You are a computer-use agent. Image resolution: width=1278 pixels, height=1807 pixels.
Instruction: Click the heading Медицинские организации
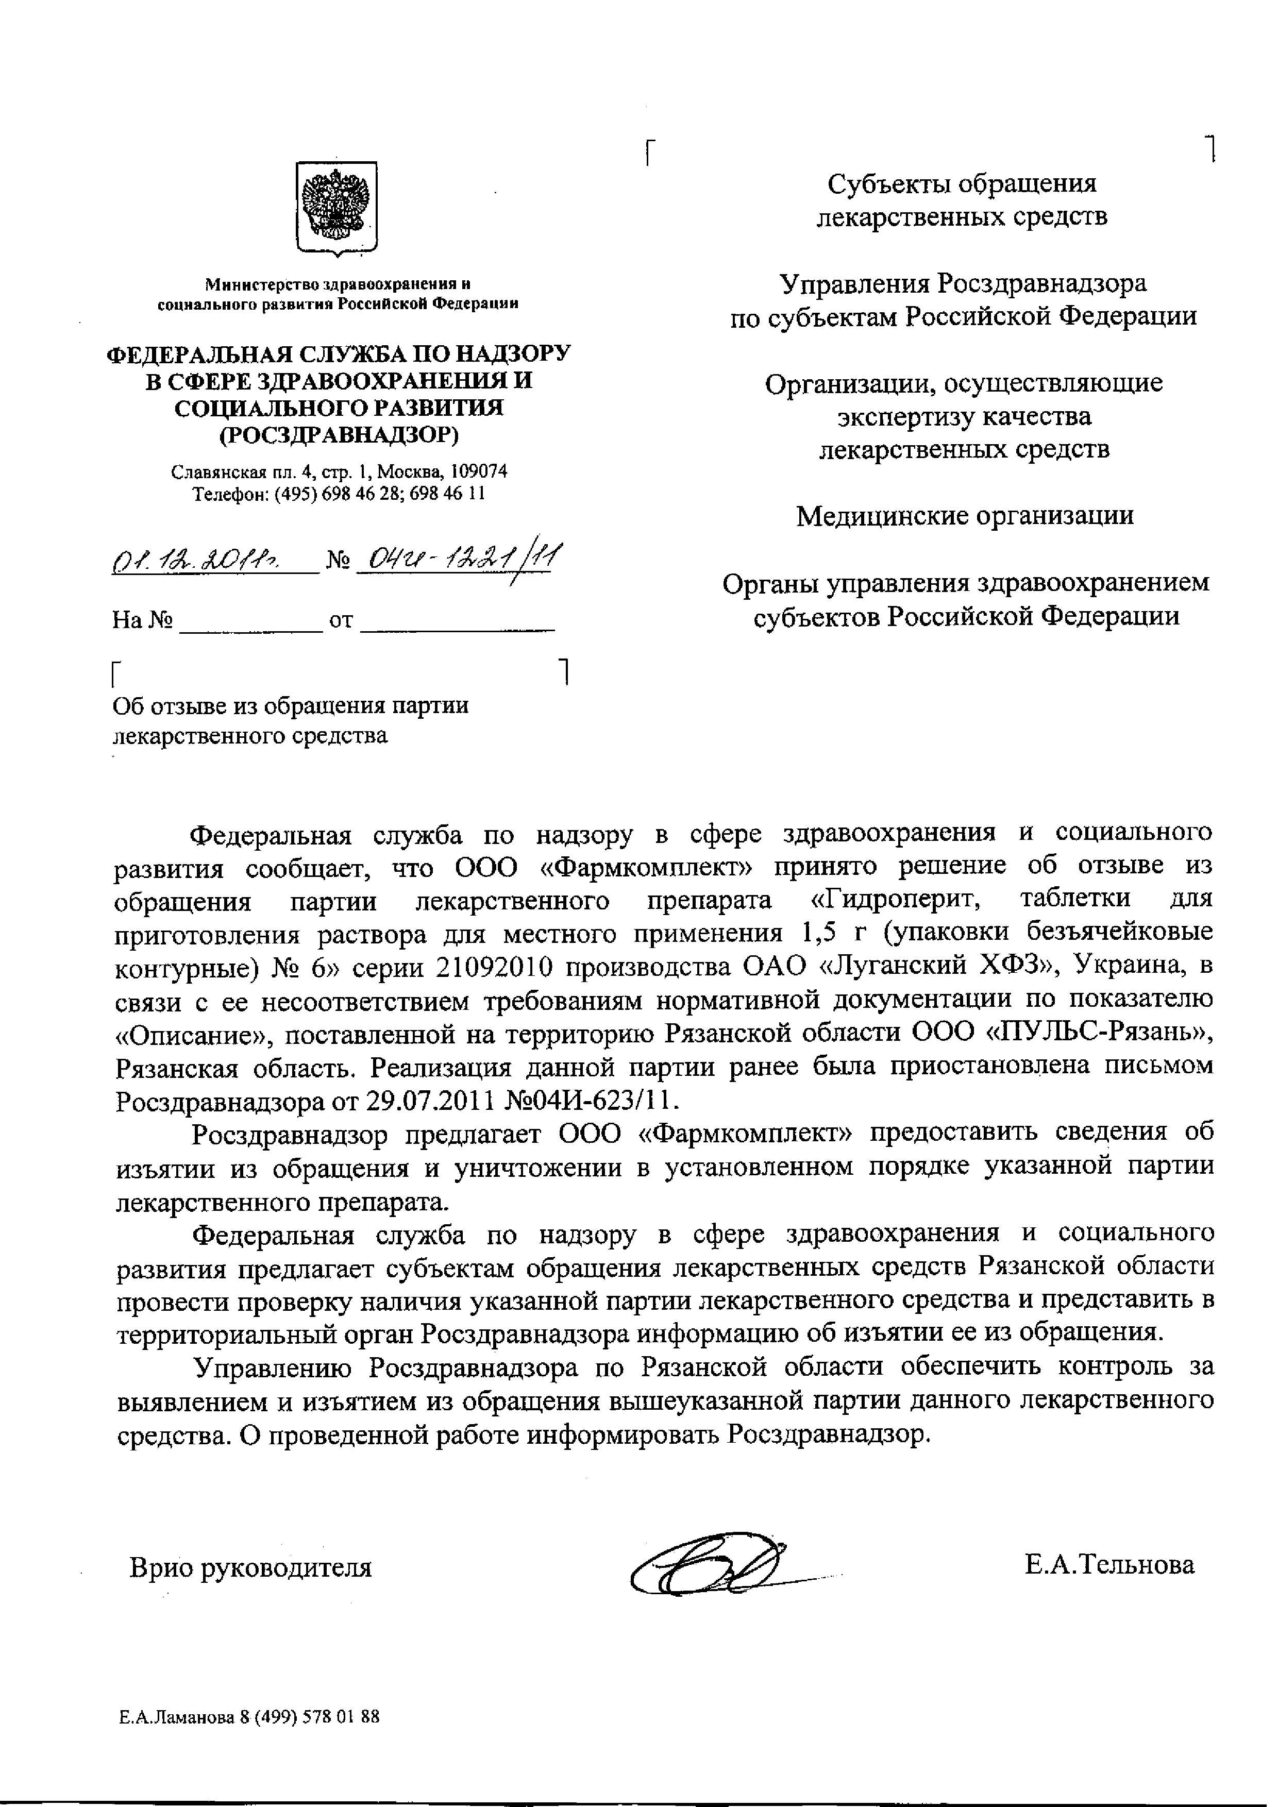coord(965,515)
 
